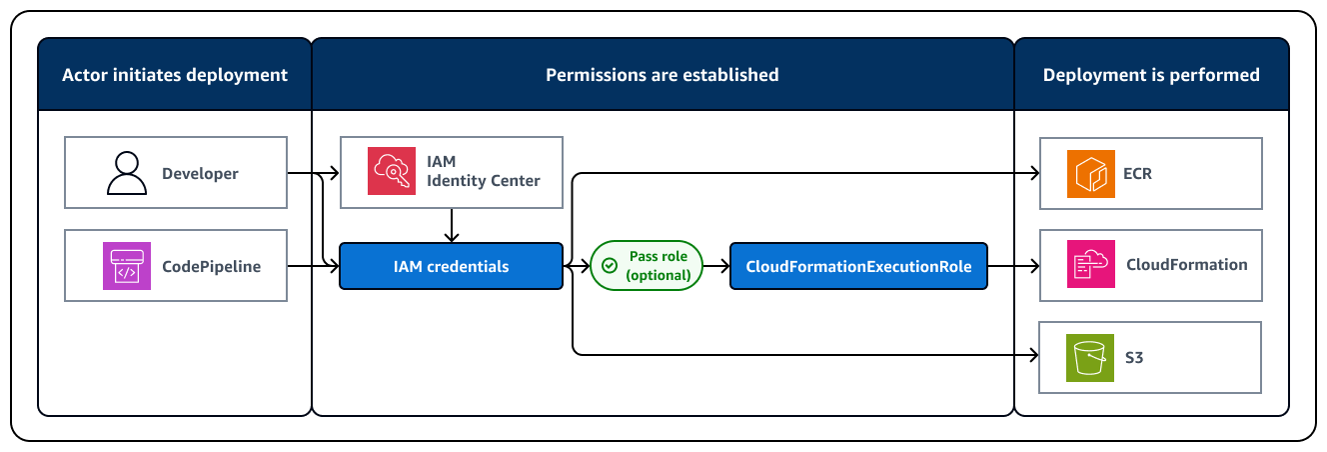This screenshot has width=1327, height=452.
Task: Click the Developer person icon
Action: click(126, 173)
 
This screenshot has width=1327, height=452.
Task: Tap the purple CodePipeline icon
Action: click(126, 266)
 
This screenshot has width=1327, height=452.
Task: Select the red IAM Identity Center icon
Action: click(392, 172)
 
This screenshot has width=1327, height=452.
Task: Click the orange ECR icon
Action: click(1090, 173)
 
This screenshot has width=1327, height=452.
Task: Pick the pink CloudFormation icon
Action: click(1090, 265)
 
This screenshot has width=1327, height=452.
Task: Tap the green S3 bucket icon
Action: click(1090, 357)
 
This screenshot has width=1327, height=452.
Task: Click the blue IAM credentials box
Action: click(451, 266)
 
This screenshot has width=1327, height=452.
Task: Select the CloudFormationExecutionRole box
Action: click(858, 266)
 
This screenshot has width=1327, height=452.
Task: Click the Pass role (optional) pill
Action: click(646, 266)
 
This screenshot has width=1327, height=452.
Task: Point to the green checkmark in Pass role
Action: click(609, 266)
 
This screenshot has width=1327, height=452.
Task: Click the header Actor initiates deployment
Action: click(175, 75)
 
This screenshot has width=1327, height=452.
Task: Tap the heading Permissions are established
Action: click(662, 75)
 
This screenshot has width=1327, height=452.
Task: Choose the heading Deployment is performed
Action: click(1151, 75)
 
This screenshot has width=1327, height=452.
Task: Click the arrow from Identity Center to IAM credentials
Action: click(451, 225)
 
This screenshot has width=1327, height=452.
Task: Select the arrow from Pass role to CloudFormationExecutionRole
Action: click(715, 266)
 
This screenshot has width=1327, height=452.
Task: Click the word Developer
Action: click(200, 173)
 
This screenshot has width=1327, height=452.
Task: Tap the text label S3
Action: click(1134, 357)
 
